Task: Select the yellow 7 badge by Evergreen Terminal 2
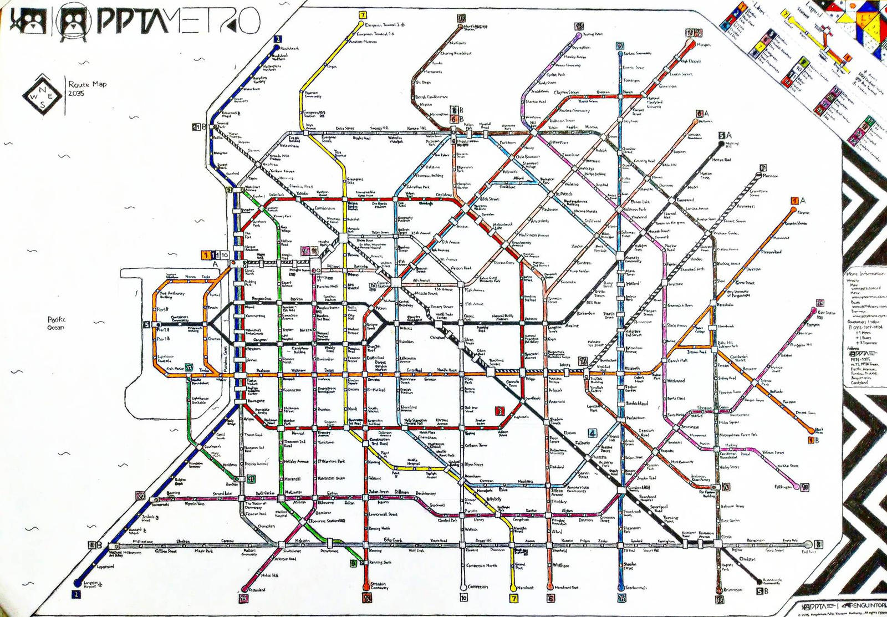pos(363,15)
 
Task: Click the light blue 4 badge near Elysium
pos(593,433)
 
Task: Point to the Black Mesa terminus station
pos(818,430)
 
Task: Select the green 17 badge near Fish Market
pos(189,367)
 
